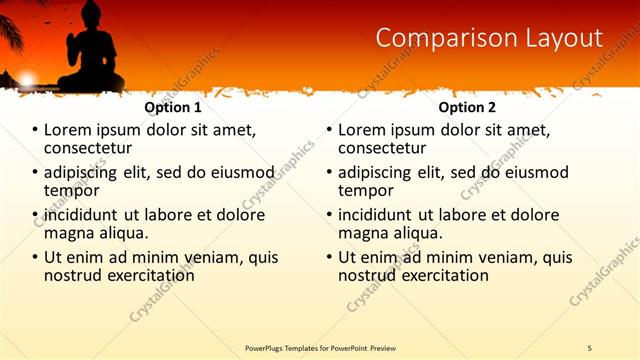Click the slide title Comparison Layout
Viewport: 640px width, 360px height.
click(489, 38)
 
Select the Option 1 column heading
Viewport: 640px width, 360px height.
click(173, 107)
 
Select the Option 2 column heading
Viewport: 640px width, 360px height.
click(467, 107)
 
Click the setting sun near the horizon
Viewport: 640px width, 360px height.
click(27, 79)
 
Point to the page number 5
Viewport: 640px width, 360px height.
click(589, 347)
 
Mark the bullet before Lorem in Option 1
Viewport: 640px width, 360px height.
click(35, 130)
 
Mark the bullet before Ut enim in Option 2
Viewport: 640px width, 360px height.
click(329, 257)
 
